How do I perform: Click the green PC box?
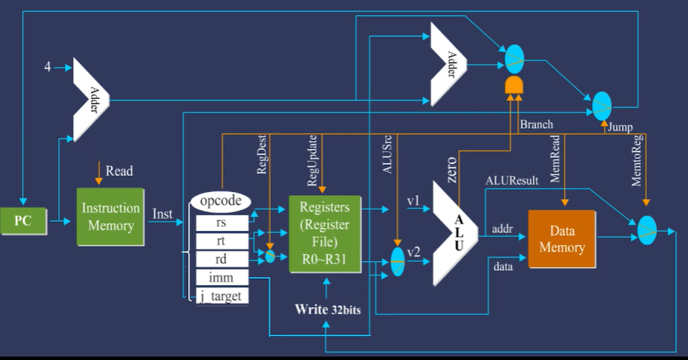click(x=26, y=222)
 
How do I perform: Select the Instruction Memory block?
click(x=111, y=216)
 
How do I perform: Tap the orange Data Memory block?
click(x=562, y=239)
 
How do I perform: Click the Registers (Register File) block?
click(x=324, y=234)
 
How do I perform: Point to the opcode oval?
click(x=220, y=201)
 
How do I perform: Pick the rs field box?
click(x=222, y=222)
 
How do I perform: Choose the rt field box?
click(x=222, y=241)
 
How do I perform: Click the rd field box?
click(x=222, y=260)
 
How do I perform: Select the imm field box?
click(x=222, y=278)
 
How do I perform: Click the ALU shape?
click(x=456, y=234)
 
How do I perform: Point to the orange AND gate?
click(x=514, y=86)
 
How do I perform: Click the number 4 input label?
click(x=48, y=68)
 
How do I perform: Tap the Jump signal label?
click(x=620, y=126)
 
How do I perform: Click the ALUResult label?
click(x=511, y=181)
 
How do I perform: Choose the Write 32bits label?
click(x=327, y=310)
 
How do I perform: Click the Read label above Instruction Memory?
click(x=119, y=171)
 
